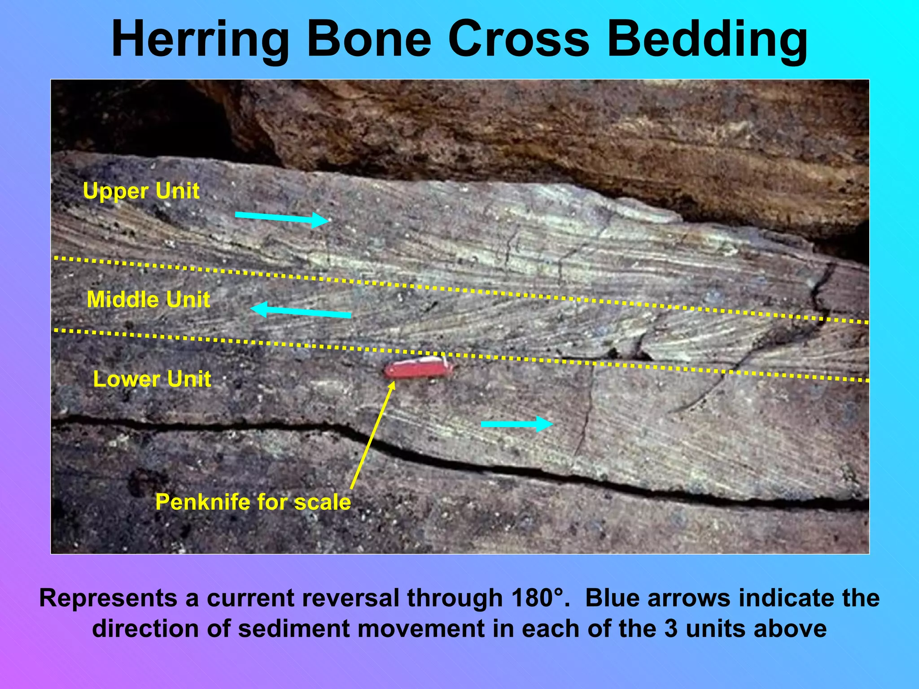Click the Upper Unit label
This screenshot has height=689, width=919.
[x=141, y=191]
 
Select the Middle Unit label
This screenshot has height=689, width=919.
[x=148, y=300]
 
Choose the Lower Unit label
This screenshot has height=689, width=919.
[x=152, y=379]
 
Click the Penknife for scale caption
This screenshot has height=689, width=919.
[x=253, y=502]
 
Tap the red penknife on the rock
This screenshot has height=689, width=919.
[x=418, y=369]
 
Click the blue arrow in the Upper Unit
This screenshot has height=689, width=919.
[x=282, y=218]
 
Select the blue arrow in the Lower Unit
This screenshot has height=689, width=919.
[x=516, y=424]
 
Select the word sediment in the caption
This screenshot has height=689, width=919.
[x=297, y=629]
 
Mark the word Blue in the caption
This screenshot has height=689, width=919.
[x=613, y=598]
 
